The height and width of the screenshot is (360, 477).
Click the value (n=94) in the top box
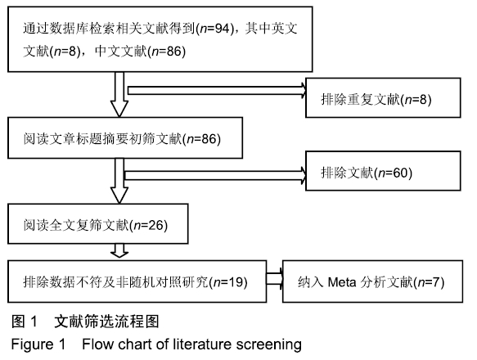[x=215, y=29]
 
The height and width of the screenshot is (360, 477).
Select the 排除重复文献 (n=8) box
[x=383, y=97]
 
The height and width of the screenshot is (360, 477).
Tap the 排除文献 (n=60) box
[x=383, y=171]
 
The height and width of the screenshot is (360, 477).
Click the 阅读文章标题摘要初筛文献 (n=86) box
[x=125, y=137]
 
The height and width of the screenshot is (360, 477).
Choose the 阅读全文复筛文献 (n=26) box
[x=98, y=223]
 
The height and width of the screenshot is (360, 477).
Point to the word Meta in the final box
[x=342, y=282]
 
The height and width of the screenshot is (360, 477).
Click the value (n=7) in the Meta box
[x=430, y=282]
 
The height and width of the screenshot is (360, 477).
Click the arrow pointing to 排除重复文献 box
[x=217, y=91]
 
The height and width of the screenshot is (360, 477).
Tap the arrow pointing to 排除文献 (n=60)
[x=216, y=175]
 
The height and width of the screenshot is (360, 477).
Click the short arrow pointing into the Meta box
[x=275, y=279]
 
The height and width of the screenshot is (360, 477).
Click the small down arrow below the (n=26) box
[x=119, y=250]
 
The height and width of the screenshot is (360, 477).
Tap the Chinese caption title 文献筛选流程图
[x=106, y=322]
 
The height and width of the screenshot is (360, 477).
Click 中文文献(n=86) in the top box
[x=140, y=51]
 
